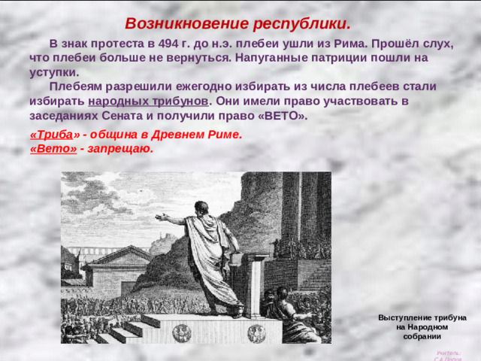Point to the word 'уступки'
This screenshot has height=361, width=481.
tap(54, 72)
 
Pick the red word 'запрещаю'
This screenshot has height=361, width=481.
tap(120, 149)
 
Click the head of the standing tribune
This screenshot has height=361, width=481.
tap(201, 208)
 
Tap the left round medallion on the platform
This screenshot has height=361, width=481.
tap(182, 332)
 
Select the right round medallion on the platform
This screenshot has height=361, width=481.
tap(257, 332)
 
